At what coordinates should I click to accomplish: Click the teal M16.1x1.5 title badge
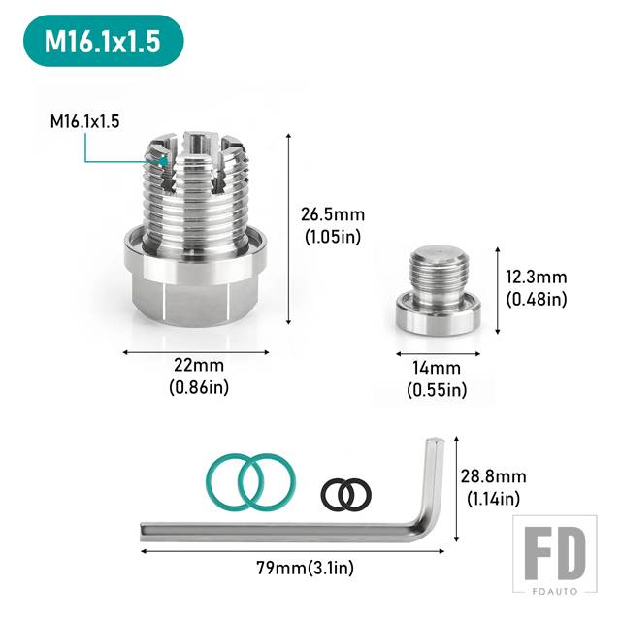pos(104,41)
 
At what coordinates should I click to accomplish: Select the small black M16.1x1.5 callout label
pos(84,121)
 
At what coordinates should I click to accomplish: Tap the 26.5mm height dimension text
pos(333,214)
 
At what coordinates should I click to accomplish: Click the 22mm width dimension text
pos(199,365)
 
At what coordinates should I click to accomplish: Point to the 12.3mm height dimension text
pos(537,277)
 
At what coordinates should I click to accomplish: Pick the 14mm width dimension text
pos(437,368)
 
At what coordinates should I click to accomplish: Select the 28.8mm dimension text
pos(494,476)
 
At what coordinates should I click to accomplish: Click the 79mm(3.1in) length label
pos(305,568)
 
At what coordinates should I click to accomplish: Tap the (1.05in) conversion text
pos(333,237)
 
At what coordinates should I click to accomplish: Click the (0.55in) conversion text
pos(437,390)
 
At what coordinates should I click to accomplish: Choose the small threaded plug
pos(438,290)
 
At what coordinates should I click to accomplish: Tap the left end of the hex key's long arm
pos(142,533)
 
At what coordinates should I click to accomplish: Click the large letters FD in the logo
pos(554,553)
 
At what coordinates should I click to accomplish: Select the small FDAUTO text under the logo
pos(555,591)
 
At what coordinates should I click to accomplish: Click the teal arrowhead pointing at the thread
pos(163,161)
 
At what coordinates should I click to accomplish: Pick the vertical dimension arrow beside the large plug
pos(289,229)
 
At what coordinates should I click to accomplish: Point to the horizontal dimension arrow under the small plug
pos(438,353)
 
